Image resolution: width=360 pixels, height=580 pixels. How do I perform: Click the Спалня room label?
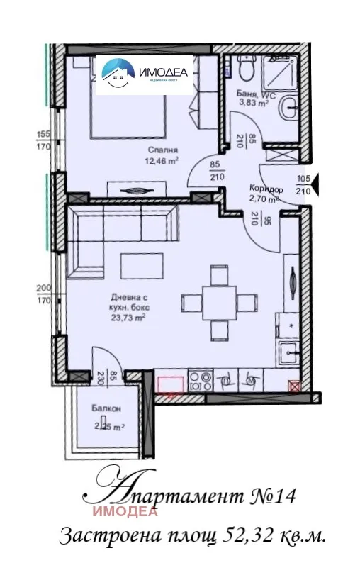162,150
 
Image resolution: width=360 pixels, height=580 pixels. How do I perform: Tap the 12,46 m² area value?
162,160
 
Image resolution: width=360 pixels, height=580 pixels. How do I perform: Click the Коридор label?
266,189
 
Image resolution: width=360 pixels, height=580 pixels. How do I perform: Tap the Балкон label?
106,409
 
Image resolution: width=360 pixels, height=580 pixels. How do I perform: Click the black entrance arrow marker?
315,186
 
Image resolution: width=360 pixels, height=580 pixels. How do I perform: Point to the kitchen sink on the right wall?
288,352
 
